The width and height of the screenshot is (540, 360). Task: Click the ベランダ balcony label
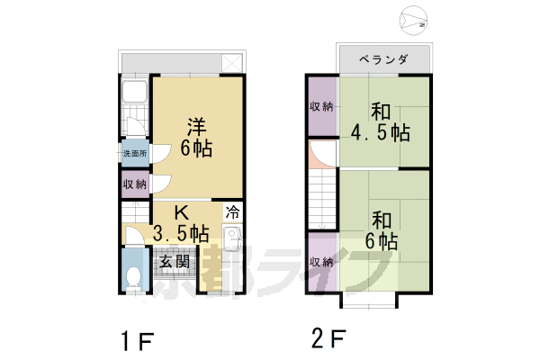pos(383,59)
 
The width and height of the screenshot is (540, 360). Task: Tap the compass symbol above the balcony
pos(413,20)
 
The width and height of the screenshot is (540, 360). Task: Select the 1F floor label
pos(137,341)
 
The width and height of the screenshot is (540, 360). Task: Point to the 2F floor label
pos(328,338)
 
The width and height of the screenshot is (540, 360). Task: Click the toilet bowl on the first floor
pos(133,277)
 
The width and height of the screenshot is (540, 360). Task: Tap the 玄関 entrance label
pos(175,262)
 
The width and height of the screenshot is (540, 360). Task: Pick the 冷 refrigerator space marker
pos(233,212)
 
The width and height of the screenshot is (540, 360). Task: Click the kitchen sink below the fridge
pos(233,238)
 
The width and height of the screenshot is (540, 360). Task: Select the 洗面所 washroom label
pos(135,153)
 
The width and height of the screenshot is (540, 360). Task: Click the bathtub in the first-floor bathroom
pos(134,92)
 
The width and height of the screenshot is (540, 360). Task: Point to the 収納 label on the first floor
pos(135,184)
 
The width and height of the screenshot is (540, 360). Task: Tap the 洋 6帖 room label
pos(196,137)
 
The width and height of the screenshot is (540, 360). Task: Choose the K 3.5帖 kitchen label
pos(181,223)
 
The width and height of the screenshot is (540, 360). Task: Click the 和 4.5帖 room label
pos(381,122)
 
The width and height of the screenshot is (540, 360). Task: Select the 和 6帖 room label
pos(382,230)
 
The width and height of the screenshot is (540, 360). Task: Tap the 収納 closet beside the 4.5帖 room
pos(322,106)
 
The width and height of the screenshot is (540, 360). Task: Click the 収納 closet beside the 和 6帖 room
pos(322,262)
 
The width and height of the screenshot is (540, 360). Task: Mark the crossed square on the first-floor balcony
pos(232,63)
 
